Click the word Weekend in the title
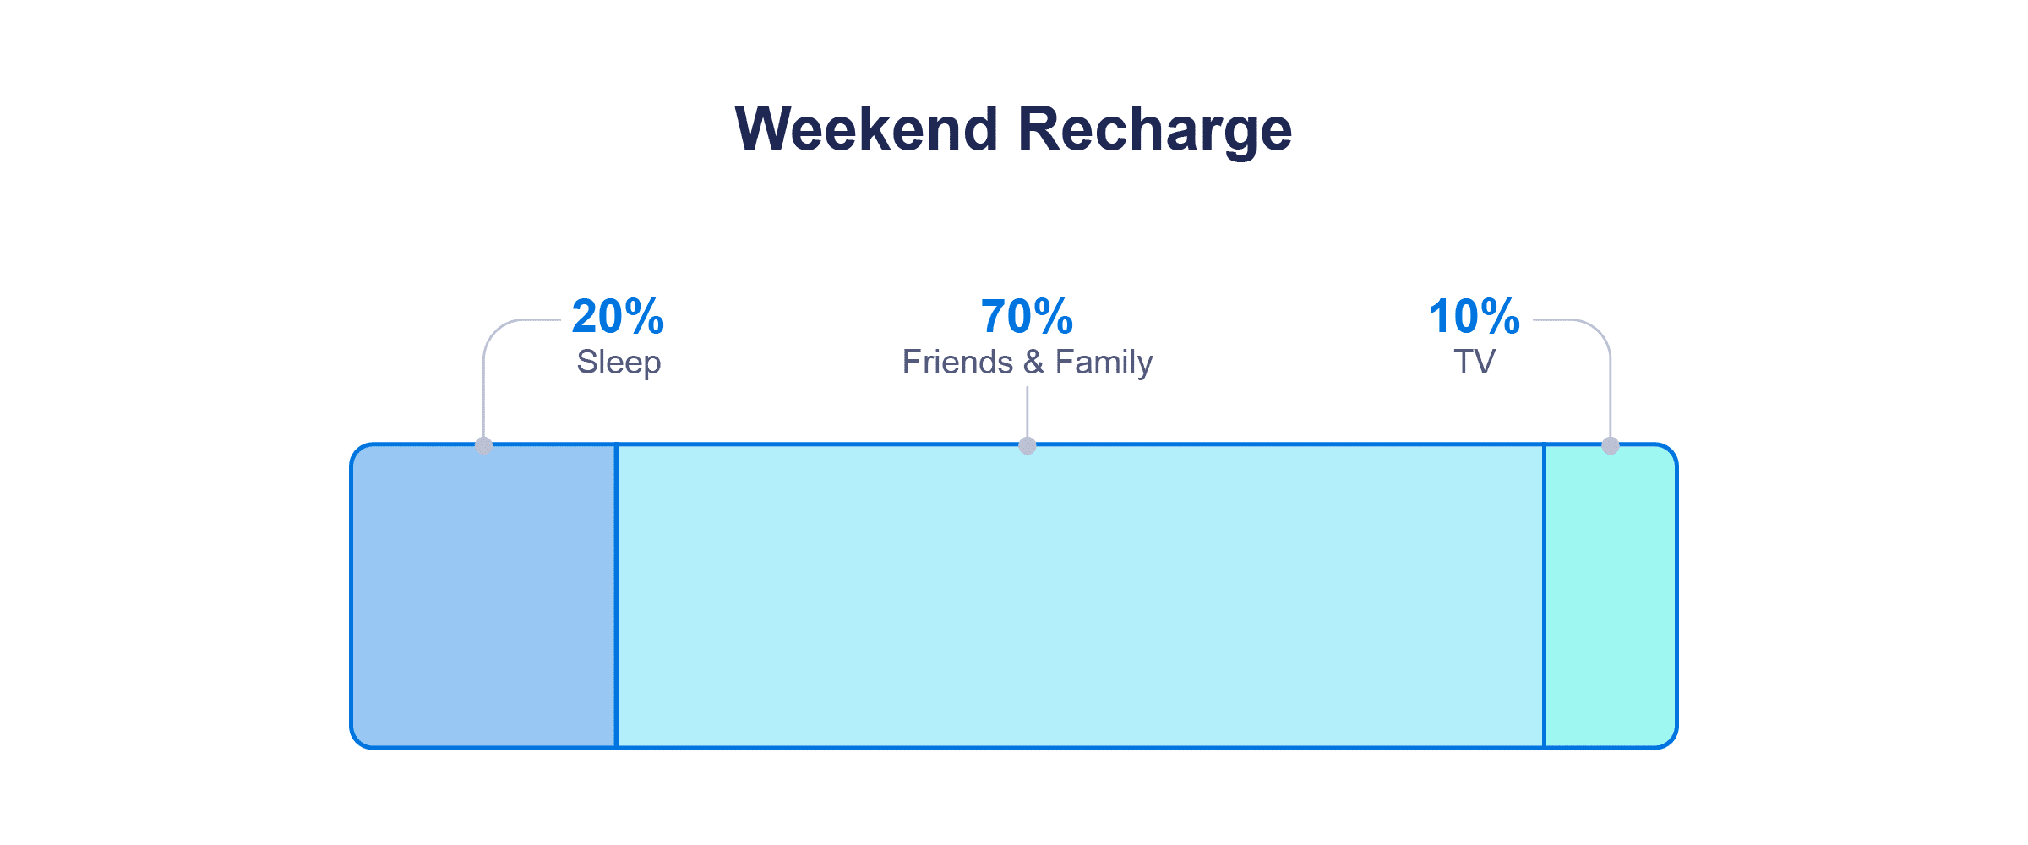tap(867, 129)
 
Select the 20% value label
tap(618, 317)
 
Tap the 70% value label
tap(1027, 317)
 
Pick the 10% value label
tap(1474, 317)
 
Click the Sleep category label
tap(619, 363)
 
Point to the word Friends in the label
tap(957, 363)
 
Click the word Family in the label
tap(1104, 363)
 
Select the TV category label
tap(1475, 363)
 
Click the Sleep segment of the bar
tap(484, 596)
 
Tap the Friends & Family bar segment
tap(1080, 596)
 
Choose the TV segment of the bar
tap(1611, 596)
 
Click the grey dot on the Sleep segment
tap(484, 445)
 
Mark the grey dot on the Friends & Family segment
tap(1028, 445)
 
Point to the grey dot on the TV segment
tap(1611, 445)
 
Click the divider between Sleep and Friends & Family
tap(616, 596)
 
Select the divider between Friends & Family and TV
tap(1545, 596)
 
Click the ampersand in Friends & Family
tap(1033, 363)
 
